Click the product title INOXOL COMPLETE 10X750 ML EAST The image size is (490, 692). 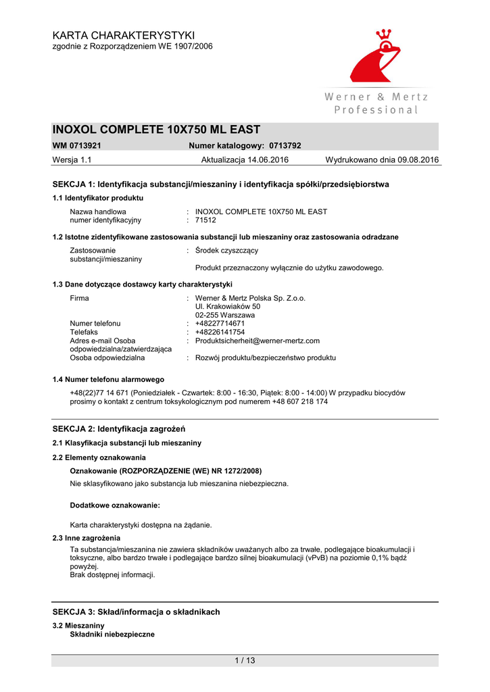pos(156,130)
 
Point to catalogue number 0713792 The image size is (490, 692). pos(285,145)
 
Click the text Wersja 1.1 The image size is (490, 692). pos(72,159)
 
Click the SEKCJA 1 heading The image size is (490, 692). pos(220,184)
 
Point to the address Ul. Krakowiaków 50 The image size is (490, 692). pos(228,306)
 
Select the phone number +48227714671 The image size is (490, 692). pos(220,324)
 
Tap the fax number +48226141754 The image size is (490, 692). pos(220,332)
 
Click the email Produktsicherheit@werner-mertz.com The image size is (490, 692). pos(257,341)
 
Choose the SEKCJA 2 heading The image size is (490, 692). pos(119,428)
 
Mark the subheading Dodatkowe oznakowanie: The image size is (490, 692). pos(115,505)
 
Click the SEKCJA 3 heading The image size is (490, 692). pos(136,612)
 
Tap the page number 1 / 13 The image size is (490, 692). pos(245,660)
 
